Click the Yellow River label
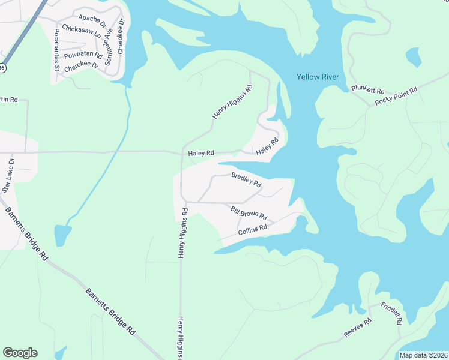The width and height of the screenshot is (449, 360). (318, 77)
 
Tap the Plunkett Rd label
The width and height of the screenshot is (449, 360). (367, 89)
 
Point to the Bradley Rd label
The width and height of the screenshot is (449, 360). (246, 179)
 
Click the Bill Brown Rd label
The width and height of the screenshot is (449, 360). (249, 212)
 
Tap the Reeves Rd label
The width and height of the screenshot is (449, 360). (358, 328)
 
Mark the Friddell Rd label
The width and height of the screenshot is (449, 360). (390, 314)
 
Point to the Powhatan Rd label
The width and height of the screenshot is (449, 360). (83, 55)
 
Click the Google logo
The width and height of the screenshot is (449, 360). (20, 353)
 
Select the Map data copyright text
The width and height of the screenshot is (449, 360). (423, 355)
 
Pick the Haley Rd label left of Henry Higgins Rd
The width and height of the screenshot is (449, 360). (201, 154)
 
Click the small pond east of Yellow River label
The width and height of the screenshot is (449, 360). (413, 57)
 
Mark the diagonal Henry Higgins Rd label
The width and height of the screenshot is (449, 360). (232, 101)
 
